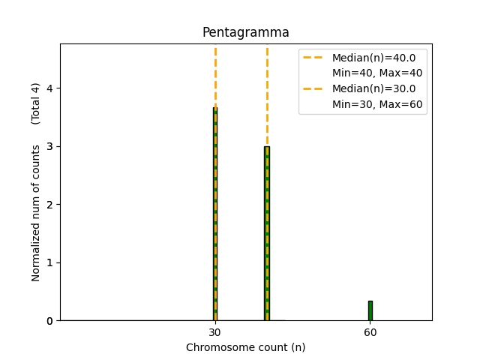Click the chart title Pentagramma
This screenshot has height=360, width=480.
tap(245, 32)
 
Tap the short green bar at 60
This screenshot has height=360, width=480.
tap(370, 310)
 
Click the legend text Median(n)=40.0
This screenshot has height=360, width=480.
tap(379, 57)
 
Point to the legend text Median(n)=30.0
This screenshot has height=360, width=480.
tap(379, 88)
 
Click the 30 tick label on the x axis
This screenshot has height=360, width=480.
tap(214, 332)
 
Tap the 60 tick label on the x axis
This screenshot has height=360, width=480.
tap(370, 332)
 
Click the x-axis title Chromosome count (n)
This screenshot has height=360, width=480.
tap(245, 347)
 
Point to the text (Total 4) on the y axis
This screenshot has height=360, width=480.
tap(36, 103)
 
